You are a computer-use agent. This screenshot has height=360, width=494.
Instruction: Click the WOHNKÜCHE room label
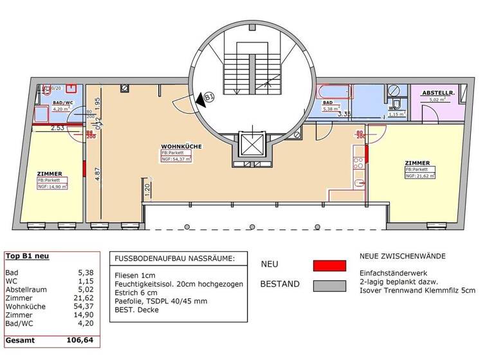pos(181,147)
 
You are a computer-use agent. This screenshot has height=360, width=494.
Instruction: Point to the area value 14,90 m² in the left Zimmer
pos(51,186)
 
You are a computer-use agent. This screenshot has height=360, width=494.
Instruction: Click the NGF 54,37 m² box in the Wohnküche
pos(176,159)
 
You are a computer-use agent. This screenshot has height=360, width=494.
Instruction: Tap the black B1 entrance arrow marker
pos(208,98)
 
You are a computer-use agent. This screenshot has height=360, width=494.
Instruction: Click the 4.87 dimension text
pos(97,175)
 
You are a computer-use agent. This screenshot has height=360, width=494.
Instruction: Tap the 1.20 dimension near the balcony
pos(147,190)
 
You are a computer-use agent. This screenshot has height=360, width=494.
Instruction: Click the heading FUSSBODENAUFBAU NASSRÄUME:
pos(175,258)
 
